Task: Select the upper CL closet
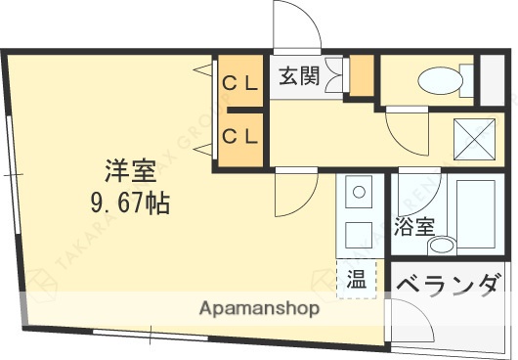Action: point(238,82)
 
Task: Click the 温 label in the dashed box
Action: point(354,279)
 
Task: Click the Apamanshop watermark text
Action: point(260,309)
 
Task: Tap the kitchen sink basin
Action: point(358,192)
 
